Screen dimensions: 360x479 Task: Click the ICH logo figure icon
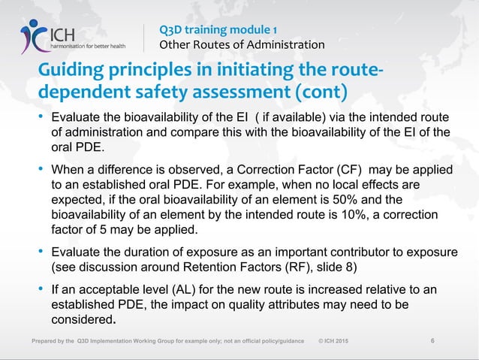pos(35,35)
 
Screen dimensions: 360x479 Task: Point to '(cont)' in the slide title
pos(319,94)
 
